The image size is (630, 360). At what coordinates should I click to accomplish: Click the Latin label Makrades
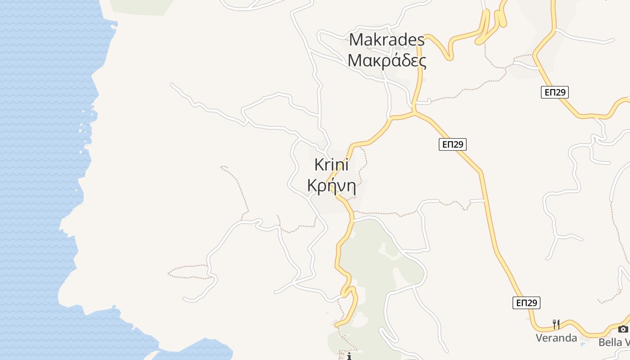(387, 40)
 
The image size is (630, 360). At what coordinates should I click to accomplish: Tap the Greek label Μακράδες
(387, 60)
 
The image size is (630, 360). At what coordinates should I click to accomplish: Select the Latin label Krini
(331, 165)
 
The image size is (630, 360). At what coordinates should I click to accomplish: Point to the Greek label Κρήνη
(331, 185)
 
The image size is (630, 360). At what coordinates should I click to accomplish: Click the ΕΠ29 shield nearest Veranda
(526, 303)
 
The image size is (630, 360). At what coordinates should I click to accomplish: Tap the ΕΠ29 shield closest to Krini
(452, 144)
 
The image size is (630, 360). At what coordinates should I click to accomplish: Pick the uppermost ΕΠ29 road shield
(554, 92)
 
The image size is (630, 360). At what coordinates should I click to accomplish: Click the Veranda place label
(556, 338)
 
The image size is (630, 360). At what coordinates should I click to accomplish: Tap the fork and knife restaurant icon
(556, 324)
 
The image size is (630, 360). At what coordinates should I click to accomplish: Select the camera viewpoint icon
(623, 329)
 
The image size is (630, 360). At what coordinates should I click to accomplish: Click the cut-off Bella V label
(614, 342)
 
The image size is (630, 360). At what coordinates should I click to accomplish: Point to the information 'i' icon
(349, 356)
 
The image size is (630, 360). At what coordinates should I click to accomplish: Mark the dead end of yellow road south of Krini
(336, 325)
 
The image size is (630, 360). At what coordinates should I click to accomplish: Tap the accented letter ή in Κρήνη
(330, 185)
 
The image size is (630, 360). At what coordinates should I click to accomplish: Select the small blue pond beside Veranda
(583, 344)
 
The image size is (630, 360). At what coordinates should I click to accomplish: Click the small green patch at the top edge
(142, 5)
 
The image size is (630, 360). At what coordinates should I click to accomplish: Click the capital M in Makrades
(356, 40)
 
